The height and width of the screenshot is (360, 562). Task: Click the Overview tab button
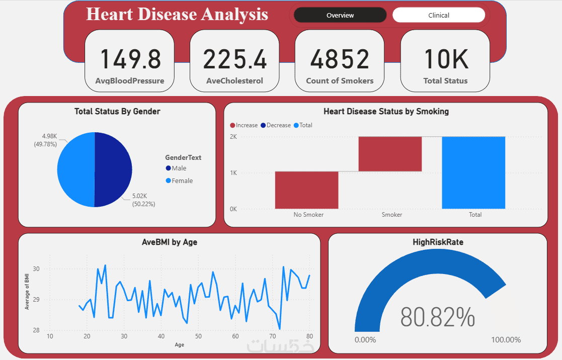340,15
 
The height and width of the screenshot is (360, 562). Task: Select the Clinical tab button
438,15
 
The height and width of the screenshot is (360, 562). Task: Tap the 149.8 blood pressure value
130,59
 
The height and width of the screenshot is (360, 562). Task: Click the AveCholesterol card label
234,81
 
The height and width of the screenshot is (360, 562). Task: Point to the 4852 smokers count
340,59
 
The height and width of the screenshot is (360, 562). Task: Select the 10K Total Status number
445,59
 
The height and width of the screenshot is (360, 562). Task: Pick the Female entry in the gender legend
182,181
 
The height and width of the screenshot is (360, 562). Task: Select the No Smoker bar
306,190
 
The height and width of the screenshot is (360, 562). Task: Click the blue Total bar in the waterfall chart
473,172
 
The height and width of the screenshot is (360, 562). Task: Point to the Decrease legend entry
278,125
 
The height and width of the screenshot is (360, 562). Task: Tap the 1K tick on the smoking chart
233,173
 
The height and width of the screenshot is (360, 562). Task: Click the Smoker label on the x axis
392,215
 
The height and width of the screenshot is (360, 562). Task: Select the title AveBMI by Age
170,242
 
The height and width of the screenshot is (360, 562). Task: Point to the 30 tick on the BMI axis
36,269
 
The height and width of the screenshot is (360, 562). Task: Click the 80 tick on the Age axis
309,336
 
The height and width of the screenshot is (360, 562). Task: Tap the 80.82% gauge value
437,317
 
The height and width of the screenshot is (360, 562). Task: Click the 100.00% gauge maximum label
506,340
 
